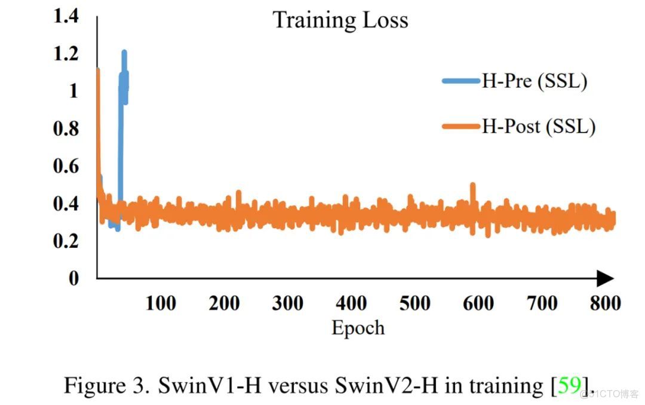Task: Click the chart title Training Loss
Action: [340, 20]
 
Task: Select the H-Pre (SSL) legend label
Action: [535, 81]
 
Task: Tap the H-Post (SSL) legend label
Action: [539, 126]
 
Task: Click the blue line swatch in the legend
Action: [462, 81]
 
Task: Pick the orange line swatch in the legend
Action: [462, 126]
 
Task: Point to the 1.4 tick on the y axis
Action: [66, 16]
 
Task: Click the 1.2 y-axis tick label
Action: [66, 54]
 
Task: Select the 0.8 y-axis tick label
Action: [66, 128]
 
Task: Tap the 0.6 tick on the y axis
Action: [66, 166]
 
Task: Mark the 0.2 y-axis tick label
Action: [66, 241]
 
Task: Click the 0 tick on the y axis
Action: [73, 278]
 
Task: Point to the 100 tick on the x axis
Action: [161, 303]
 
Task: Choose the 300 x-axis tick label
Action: [287, 303]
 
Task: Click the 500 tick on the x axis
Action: [414, 303]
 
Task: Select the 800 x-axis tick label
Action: [605, 303]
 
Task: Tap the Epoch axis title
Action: [358, 327]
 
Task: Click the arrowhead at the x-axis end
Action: [606, 278]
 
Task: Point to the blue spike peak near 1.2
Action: [124, 53]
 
